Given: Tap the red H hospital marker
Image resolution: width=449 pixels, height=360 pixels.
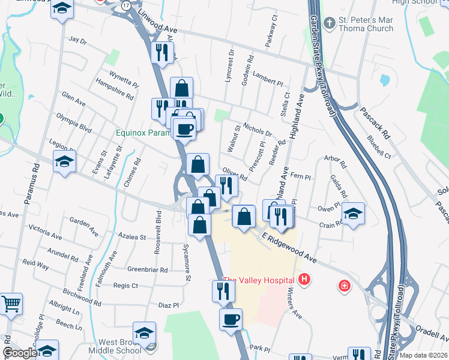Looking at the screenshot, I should (x=305, y=280).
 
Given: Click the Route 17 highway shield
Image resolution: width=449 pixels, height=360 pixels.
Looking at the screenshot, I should (x=125, y=5).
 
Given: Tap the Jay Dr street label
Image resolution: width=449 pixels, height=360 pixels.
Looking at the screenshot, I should (x=78, y=40).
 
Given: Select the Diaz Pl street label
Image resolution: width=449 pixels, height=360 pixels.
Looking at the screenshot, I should (x=169, y=305).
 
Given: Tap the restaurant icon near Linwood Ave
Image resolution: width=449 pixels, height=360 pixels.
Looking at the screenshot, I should (x=161, y=53).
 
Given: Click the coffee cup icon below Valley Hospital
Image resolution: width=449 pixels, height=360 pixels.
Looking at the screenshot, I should (x=231, y=319).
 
